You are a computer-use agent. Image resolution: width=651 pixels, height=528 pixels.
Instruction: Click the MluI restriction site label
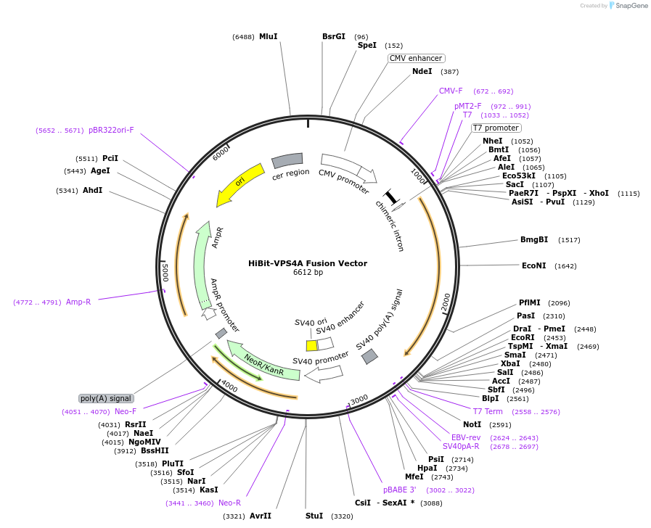pos(269,36)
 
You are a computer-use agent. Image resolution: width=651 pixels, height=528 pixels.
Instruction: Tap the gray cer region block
pos(287,160)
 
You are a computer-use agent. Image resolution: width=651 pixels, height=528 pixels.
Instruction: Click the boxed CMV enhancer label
pos(416,59)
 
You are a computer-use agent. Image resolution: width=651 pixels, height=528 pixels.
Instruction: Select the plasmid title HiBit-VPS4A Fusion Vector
pos(308,263)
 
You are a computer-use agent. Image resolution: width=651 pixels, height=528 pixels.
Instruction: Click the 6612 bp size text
pos(308,273)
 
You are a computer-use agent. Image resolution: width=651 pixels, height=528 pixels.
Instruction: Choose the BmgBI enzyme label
pos(534,240)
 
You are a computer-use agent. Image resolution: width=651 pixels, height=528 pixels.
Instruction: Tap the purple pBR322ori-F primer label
pos(111,131)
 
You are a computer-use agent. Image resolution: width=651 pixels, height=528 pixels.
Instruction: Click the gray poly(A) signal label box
pos(106,399)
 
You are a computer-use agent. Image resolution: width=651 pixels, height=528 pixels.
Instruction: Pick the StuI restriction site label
pos(314,516)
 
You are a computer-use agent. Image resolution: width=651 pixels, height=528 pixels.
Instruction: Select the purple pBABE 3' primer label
pos(399,490)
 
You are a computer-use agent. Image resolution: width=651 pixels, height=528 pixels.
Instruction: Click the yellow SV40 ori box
pos(312,345)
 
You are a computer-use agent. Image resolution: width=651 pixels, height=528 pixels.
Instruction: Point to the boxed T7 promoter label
pos(496,128)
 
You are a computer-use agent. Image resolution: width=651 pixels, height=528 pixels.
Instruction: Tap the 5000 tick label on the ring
pos(165,273)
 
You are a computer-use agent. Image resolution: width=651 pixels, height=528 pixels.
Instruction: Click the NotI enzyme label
pos(472,425)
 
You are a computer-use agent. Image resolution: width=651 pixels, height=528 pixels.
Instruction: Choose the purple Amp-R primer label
pos(78,302)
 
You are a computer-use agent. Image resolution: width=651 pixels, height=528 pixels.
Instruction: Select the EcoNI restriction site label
pos(534,266)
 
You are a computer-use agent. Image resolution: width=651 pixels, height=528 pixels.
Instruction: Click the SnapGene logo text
pos(631,6)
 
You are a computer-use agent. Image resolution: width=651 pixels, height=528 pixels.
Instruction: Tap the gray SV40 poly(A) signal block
pos(369,356)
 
